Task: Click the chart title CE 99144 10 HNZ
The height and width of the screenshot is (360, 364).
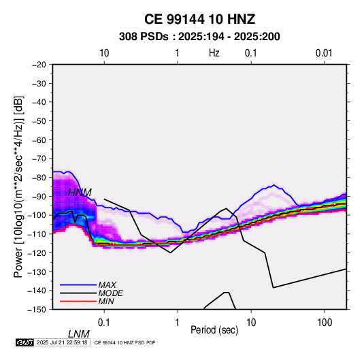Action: coord(199,19)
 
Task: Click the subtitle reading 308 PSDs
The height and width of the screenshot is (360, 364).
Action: coord(144,37)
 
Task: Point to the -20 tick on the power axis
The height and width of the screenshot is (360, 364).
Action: coord(39,65)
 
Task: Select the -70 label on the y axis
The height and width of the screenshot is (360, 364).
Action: coord(39,159)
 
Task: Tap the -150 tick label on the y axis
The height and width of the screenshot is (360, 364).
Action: coord(37,310)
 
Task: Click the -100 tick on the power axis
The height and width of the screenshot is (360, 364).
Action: coord(37,215)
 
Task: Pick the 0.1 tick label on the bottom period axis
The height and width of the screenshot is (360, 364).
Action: coord(104,323)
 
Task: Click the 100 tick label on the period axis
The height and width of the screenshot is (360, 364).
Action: coord(325,323)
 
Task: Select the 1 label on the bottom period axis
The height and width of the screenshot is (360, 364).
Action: coord(178,323)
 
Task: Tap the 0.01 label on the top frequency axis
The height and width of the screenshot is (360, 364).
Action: coord(324,53)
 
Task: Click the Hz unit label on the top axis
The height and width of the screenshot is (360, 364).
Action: coord(214,53)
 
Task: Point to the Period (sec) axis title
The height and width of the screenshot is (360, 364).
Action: coord(214,330)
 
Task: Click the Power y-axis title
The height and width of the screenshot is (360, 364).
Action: coord(18,187)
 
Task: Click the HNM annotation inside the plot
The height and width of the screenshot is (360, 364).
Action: coord(80,193)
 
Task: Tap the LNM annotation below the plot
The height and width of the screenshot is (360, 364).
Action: coord(79,334)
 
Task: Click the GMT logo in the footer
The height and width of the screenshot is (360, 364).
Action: coord(25,342)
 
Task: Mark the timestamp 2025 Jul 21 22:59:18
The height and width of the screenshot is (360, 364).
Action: coord(62,342)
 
